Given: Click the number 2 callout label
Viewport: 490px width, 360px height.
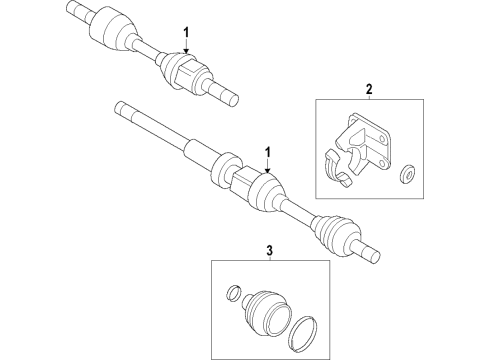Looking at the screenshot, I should (x=368, y=90).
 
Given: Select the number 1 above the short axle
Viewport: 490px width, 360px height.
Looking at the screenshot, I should (x=185, y=33).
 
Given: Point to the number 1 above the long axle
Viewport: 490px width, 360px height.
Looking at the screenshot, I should (x=268, y=151).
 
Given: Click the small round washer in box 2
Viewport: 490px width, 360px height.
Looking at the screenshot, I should (x=409, y=176).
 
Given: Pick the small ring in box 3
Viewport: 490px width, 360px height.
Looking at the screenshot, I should (x=233, y=294).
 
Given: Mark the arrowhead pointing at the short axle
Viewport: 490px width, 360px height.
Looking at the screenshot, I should (x=185, y=51).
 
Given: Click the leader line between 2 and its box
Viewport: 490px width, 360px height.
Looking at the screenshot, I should (x=368, y=97).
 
